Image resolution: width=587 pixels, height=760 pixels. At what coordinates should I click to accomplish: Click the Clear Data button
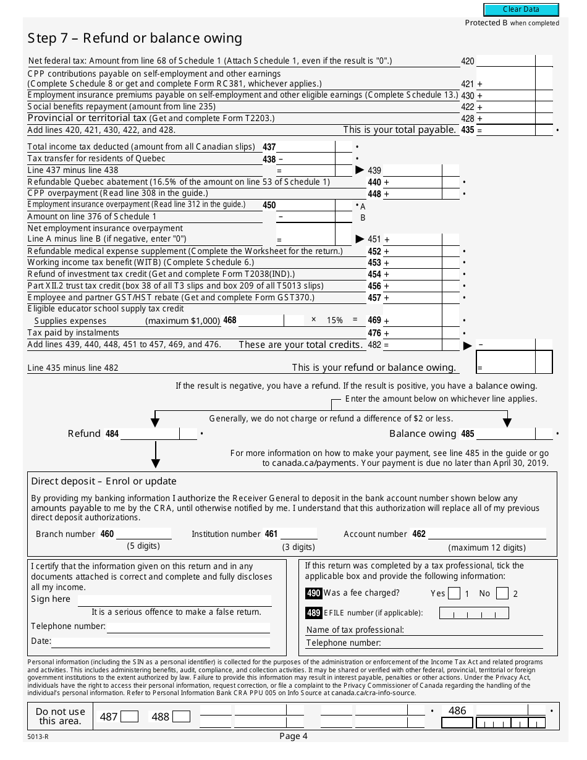[x=521, y=9]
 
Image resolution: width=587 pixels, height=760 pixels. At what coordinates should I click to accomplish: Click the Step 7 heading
[x=135, y=38]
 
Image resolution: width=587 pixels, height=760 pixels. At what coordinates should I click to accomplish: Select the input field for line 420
[x=505, y=61]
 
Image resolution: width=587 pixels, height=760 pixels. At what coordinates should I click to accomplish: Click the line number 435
[x=467, y=130]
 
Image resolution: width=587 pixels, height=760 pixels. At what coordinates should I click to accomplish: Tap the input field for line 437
[x=305, y=147]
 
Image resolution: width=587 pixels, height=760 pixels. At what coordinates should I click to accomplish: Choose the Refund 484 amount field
[x=150, y=434]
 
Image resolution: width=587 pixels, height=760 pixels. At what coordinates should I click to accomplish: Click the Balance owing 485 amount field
[x=505, y=434]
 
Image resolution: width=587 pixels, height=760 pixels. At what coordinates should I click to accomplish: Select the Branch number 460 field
[x=143, y=533]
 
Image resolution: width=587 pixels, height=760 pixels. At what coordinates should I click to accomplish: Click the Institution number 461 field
[x=298, y=533]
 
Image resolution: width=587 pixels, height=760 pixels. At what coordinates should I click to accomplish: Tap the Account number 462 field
[x=487, y=533]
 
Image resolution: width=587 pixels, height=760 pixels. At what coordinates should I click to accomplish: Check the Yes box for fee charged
[x=454, y=594]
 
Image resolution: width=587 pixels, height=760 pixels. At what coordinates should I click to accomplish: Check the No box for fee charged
[x=502, y=594]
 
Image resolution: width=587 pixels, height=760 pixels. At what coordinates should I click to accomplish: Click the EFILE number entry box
[x=474, y=613]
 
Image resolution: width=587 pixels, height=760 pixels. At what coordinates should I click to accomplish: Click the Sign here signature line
[x=172, y=600]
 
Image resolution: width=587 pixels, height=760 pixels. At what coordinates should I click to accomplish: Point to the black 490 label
[x=313, y=593]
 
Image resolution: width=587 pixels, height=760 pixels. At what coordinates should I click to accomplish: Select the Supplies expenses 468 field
[x=261, y=321]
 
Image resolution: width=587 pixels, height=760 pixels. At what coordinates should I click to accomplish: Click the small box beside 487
[x=129, y=717]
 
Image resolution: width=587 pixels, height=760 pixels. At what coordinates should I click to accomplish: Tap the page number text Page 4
[x=293, y=736]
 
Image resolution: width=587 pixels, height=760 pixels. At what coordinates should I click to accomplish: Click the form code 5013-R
[x=37, y=737]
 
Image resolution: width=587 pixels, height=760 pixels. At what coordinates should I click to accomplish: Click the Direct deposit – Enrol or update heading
[x=104, y=481]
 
